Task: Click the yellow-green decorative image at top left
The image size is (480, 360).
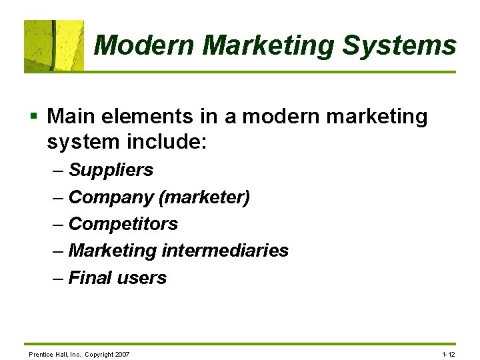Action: click(54, 45)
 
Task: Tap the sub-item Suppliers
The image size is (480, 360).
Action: click(111, 171)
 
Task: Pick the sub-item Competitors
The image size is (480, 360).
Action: click(123, 224)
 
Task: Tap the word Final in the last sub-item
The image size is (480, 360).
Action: click(90, 277)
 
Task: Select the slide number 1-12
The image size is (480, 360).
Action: click(448, 353)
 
